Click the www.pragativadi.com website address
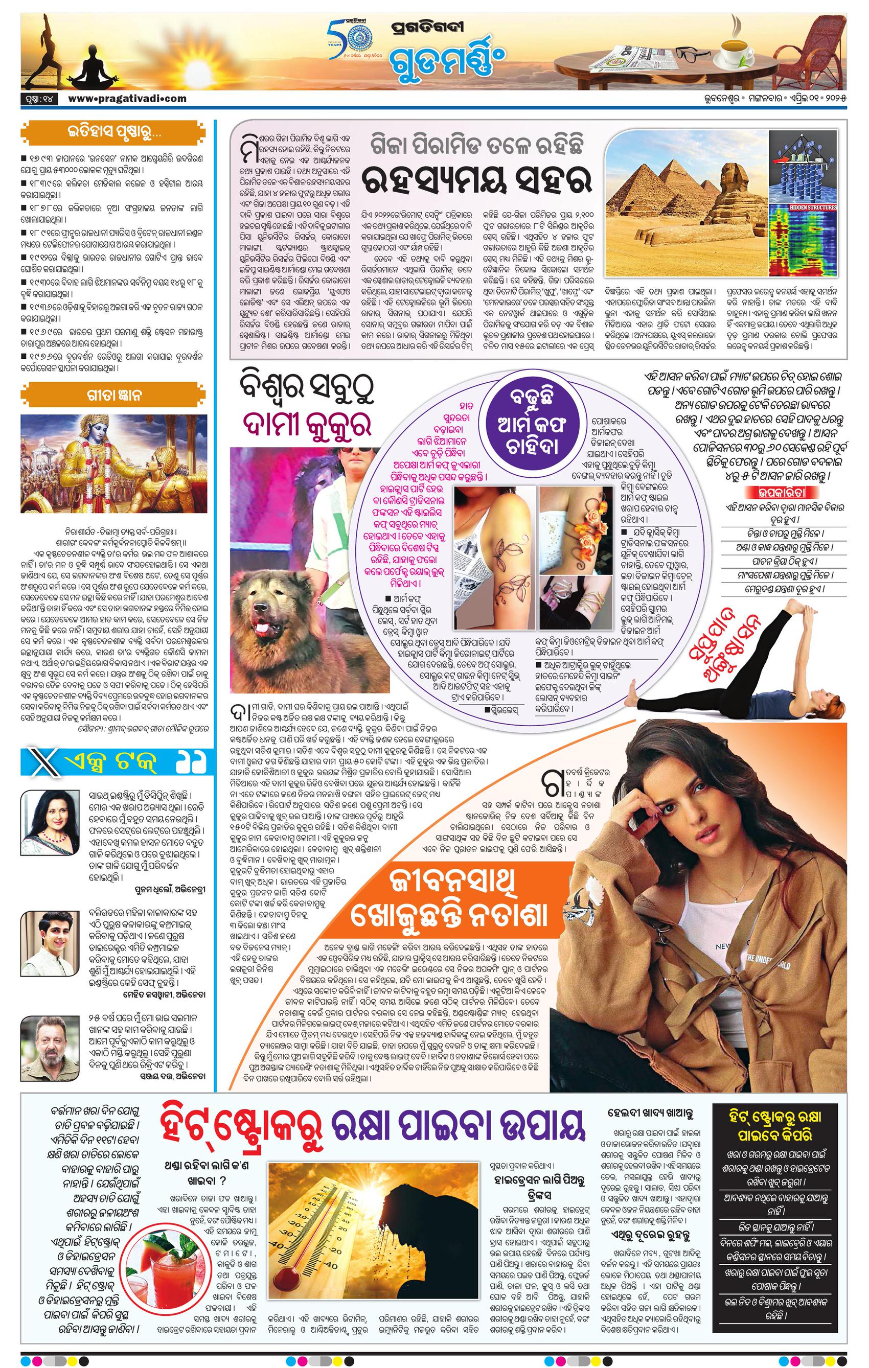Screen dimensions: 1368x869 tap(127, 98)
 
